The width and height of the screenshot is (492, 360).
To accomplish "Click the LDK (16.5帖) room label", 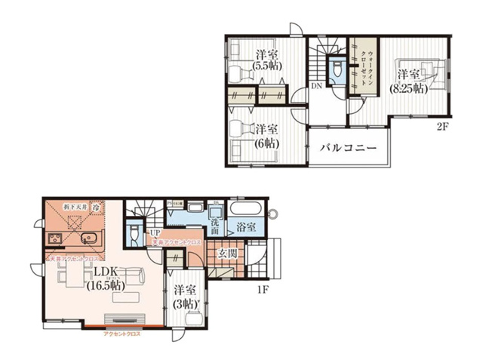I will click(103, 278).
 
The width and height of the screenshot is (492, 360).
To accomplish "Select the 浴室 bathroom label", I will click(246, 226).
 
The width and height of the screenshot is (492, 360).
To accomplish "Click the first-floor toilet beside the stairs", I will click(134, 233).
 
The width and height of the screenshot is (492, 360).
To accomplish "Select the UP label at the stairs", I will click(154, 232).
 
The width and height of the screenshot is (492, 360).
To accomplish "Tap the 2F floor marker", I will click(442, 127).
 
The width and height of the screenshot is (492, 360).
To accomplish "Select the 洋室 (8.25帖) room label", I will click(408, 81).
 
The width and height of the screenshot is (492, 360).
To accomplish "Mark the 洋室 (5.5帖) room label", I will click(266, 60).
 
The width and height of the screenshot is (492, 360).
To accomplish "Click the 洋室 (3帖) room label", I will click(185, 297).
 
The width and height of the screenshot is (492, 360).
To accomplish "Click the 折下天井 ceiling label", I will click(73, 205).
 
